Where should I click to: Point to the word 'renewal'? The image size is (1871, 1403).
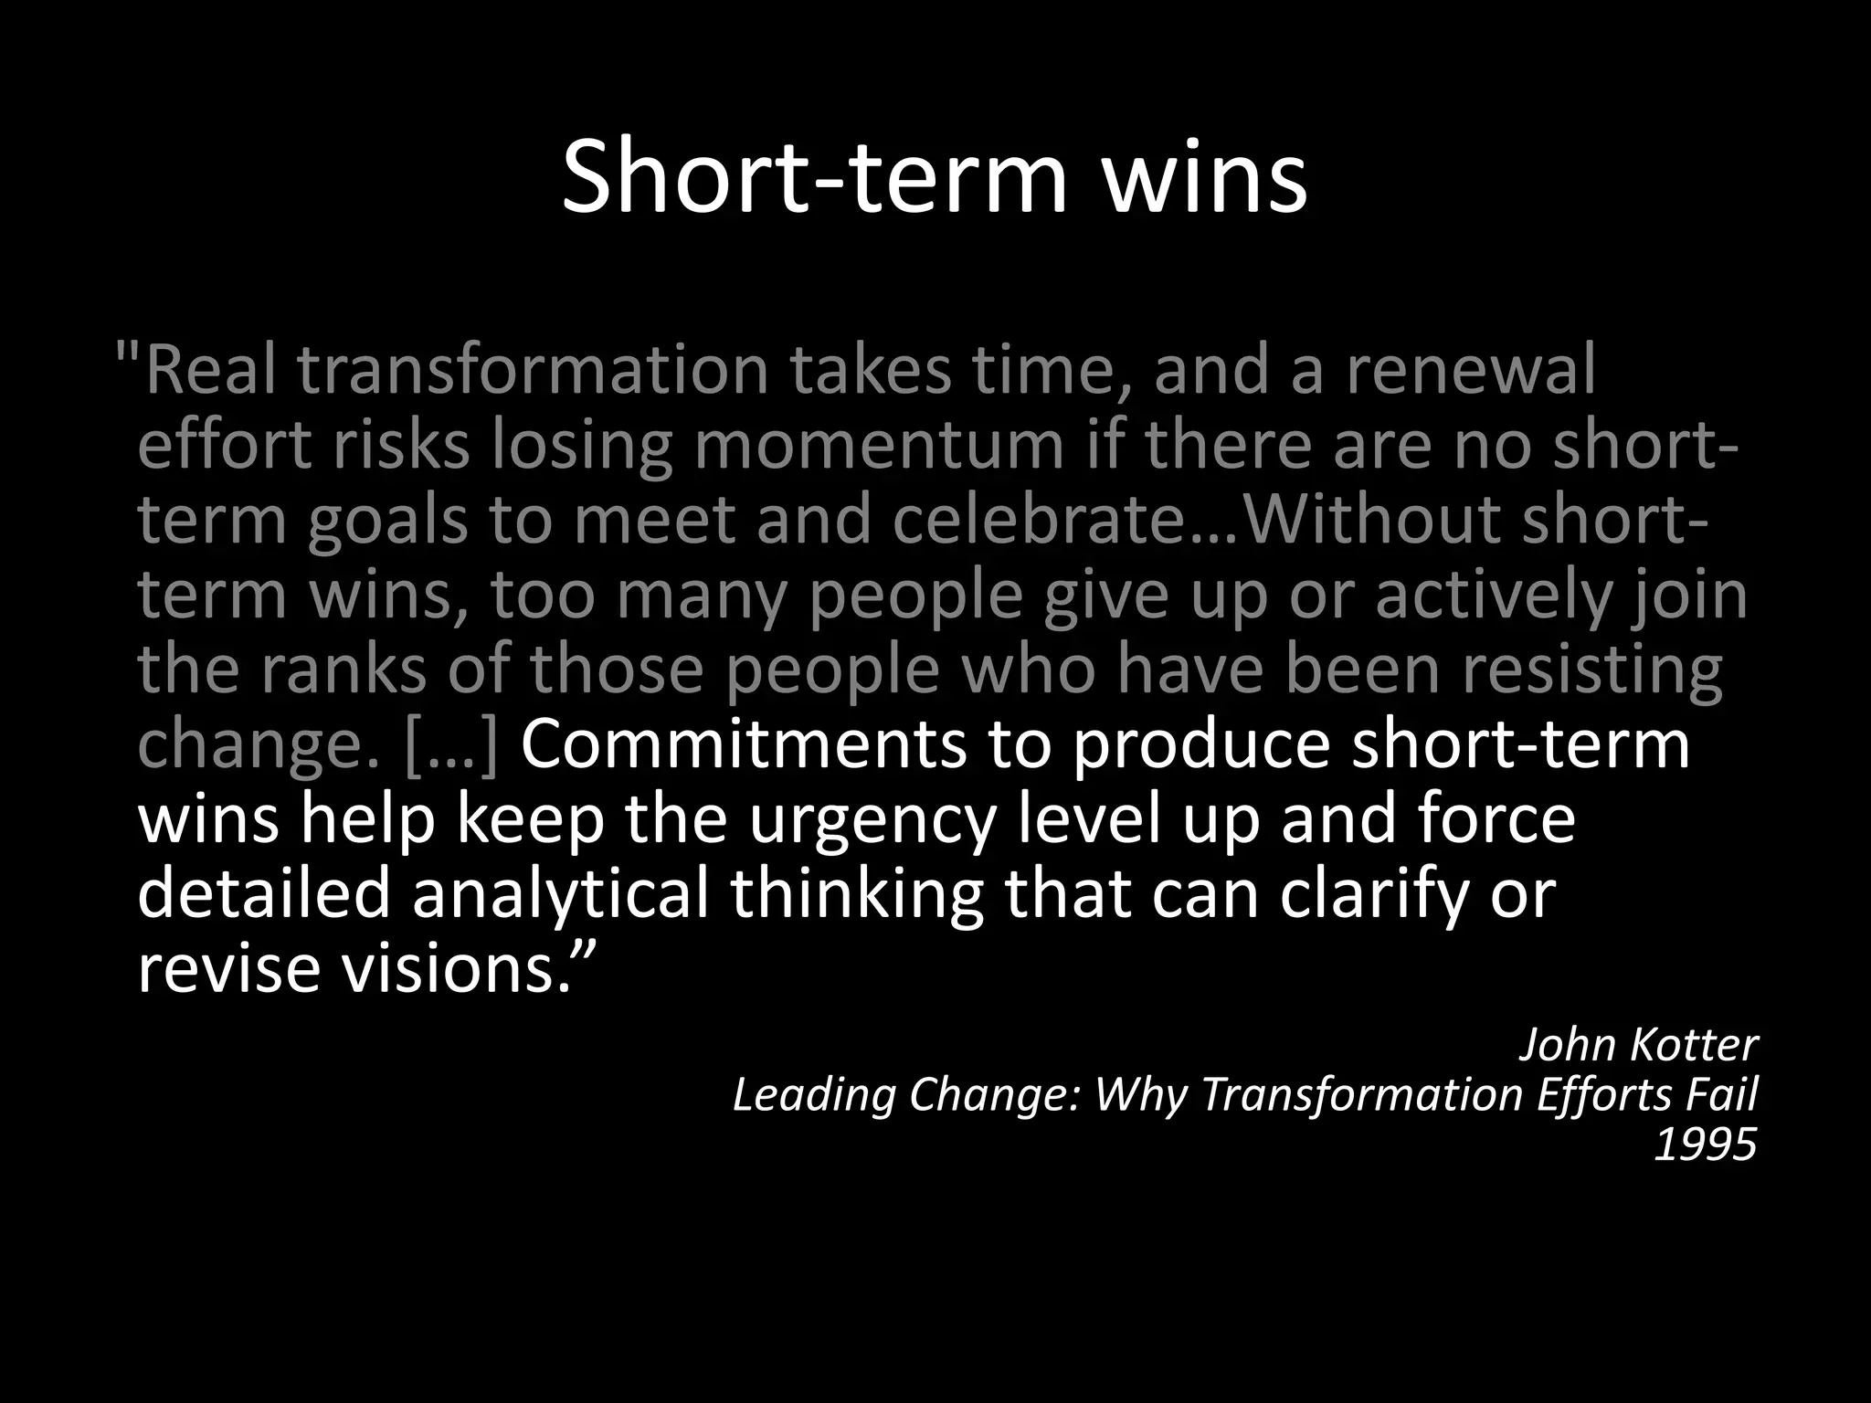[1471, 370]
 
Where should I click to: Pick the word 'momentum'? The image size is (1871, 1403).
[879, 446]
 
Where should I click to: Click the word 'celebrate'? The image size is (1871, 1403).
[1042, 520]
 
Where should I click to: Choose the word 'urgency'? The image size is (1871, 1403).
[872, 819]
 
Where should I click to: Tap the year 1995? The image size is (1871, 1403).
[1706, 1145]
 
